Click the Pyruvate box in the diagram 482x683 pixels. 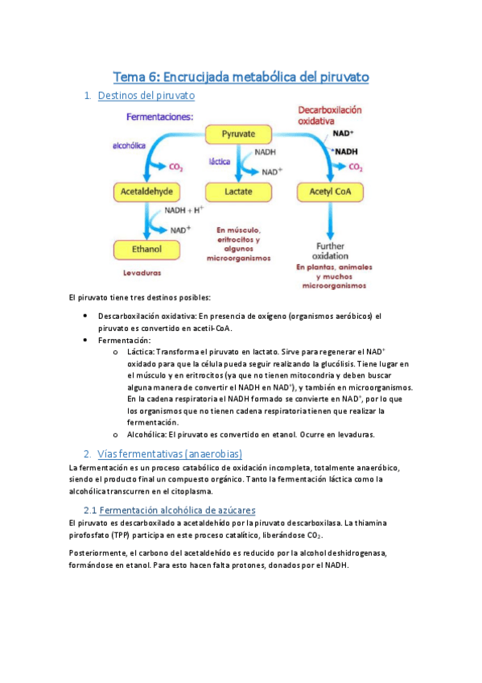(240, 134)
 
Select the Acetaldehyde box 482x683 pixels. (146, 192)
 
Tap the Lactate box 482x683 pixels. (240, 192)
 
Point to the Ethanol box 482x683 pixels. (146, 250)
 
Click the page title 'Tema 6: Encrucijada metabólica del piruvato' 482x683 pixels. (241, 77)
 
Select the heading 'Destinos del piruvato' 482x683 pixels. (146, 96)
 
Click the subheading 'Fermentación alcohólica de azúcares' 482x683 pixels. (175, 510)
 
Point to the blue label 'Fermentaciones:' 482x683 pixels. (160, 117)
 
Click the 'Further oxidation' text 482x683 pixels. (331, 250)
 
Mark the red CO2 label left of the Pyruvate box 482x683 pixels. (175, 169)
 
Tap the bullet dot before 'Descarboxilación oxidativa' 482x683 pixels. (85, 317)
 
